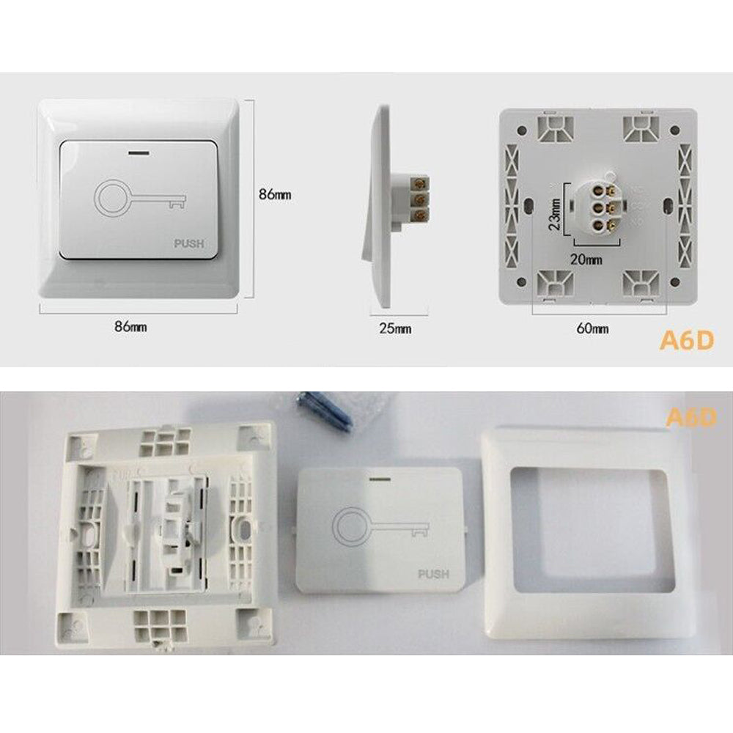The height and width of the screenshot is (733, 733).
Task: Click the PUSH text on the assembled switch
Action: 189,243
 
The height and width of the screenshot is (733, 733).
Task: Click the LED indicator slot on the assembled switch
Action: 139,152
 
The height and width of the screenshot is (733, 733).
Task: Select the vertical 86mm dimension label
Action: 275,194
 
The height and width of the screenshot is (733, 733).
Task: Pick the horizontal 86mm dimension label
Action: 130,326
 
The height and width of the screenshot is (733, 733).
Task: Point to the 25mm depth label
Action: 395,328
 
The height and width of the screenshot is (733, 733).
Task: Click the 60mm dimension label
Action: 592,328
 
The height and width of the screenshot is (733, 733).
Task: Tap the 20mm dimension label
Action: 586,259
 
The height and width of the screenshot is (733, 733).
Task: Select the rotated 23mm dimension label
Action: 555,214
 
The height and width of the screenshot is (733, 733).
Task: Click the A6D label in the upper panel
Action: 687,340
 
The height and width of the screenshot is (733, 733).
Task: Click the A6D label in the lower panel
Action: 691,418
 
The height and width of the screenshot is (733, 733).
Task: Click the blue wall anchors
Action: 325,412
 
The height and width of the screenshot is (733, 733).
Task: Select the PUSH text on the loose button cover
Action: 433,574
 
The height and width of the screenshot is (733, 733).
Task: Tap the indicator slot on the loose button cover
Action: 380,479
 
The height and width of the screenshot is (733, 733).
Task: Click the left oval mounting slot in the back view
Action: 528,206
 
